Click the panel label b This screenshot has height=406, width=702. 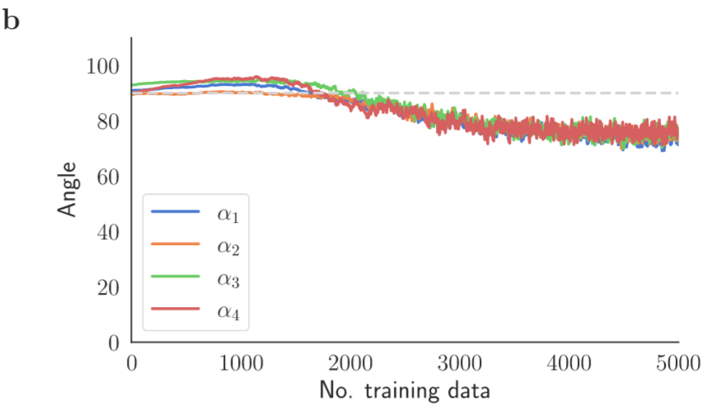coord(12,20)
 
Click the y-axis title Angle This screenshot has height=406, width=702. coord(70,191)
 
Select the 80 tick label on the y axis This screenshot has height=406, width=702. coord(107,121)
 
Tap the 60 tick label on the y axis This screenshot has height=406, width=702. coord(107,177)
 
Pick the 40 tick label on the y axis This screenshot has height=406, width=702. coord(107,232)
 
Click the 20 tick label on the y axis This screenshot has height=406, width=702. coord(107,287)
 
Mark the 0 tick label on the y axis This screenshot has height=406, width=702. coord(113,342)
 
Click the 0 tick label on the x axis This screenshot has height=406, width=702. coord(132,362)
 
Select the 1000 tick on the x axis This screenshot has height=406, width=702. coord(241,362)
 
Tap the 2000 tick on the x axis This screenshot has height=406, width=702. coord(350,362)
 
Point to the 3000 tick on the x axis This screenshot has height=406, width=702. coord(460,362)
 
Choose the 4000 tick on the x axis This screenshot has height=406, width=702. coord(569,362)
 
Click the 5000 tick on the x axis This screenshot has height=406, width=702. coord(677,362)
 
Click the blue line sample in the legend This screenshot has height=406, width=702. coord(175,212)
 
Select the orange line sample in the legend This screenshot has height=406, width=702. coord(175,244)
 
